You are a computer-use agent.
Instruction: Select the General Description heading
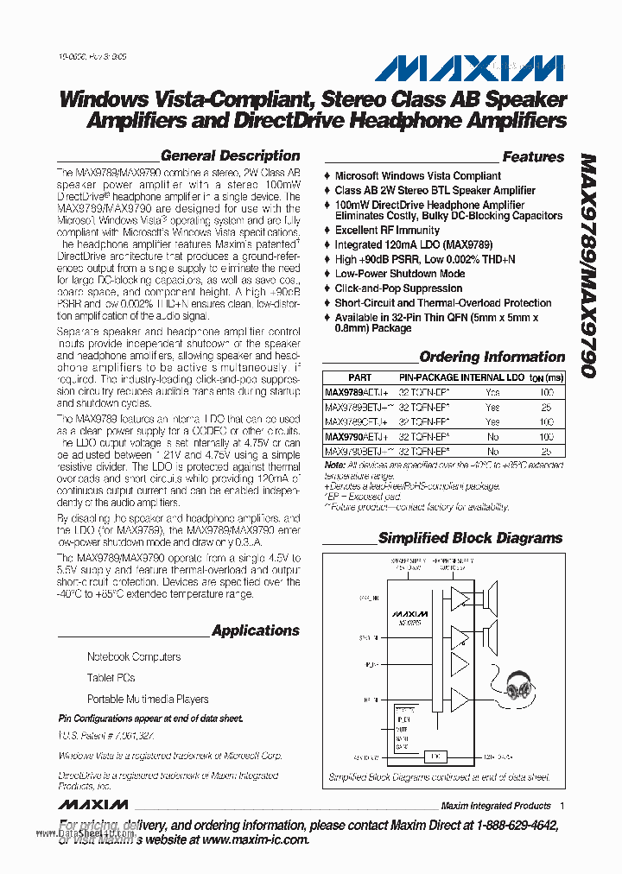click(231, 156)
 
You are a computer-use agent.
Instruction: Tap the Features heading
click(533, 157)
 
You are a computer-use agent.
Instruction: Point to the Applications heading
click(256, 630)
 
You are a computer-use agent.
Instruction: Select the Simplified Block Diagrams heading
click(470, 538)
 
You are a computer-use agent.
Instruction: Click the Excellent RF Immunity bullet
click(387, 231)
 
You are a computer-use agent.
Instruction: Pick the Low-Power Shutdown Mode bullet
click(399, 274)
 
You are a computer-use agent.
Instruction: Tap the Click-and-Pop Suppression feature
click(398, 288)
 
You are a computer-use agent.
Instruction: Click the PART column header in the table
click(359, 377)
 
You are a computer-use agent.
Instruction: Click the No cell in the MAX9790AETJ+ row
click(492, 437)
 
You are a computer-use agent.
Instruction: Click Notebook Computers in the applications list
click(134, 656)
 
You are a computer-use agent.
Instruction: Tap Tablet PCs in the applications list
click(111, 678)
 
